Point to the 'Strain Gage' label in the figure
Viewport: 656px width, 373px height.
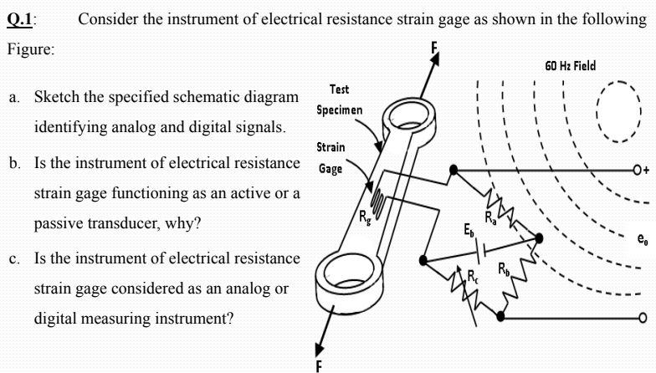(x=331, y=158)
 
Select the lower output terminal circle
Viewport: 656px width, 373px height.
(x=642, y=318)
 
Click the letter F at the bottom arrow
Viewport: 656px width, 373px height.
(x=318, y=365)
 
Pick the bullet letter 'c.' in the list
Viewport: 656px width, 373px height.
(x=15, y=257)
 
